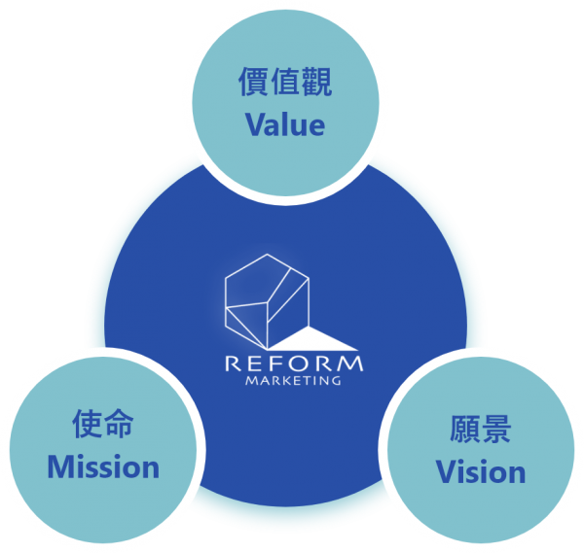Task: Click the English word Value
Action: [285, 125]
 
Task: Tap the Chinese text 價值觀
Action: [285, 82]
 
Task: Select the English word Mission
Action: [103, 467]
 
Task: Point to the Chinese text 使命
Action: [103, 423]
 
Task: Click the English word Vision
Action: [481, 471]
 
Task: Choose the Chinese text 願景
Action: [481, 429]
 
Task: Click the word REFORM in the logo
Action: [294, 363]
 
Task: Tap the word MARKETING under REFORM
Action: [293, 381]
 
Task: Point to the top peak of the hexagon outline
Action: [267, 254]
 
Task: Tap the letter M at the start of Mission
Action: [60, 467]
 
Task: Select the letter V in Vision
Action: [446, 471]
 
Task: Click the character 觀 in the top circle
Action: [317, 82]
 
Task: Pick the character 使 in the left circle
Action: [87, 423]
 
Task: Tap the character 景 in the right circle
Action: [496, 429]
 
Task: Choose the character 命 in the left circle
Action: [119, 423]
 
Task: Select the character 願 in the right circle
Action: [465, 429]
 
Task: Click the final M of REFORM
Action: [350, 364]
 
